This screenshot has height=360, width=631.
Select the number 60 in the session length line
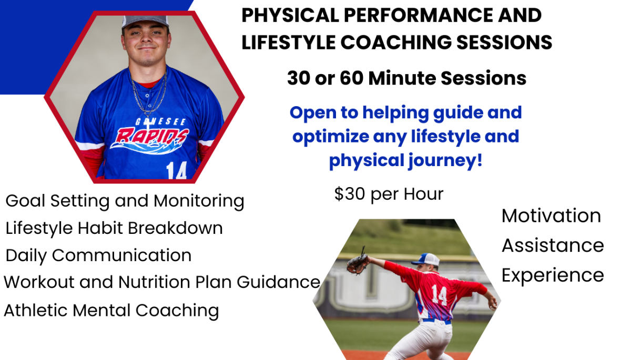click(352, 78)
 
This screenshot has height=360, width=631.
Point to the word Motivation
click(551, 216)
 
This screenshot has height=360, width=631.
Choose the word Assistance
click(553, 245)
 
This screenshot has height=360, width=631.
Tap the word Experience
click(553, 275)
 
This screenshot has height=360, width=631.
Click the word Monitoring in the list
click(199, 201)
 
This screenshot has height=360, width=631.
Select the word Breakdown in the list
click(175, 228)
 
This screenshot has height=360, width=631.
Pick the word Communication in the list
click(121, 255)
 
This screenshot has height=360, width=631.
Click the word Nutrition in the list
click(154, 282)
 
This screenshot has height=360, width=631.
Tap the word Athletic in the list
click(36, 310)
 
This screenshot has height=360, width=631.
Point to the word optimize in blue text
click(331, 137)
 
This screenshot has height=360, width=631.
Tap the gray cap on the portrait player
click(145, 22)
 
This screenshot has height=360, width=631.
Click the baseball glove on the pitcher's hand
click(358, 262)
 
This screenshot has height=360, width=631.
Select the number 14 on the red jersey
click(439, 294)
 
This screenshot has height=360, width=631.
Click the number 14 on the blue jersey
click(176, 170)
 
